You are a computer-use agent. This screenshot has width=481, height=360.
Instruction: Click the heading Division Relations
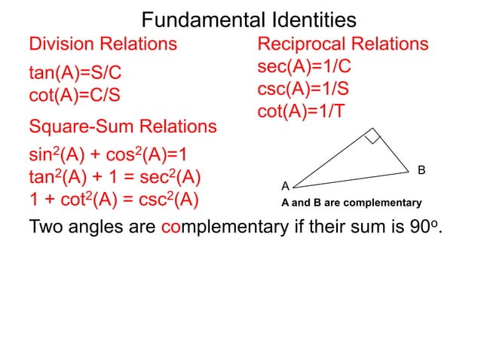103,44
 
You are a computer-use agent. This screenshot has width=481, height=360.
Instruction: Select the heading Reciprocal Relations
343,44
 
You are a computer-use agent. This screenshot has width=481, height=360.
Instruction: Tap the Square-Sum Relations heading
122,126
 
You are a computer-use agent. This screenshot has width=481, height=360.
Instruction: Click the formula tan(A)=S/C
75,74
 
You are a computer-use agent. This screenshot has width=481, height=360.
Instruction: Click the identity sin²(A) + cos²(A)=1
108,157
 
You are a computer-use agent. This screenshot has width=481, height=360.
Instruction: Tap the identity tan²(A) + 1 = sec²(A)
114,179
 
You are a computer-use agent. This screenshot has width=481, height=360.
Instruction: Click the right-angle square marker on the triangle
372,136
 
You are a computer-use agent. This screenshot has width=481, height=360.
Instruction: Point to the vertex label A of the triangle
286,185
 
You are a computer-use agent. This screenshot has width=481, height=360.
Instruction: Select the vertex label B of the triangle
422,171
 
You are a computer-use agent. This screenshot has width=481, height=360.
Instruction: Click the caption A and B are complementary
351,203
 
